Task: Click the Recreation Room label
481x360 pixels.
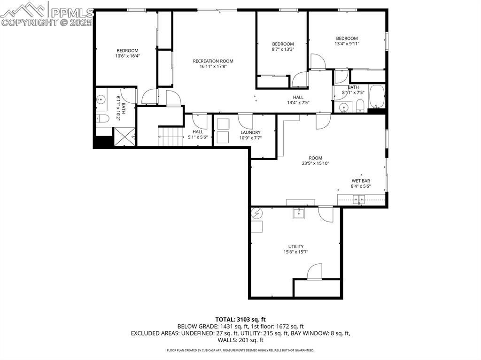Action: (x=213, y=61)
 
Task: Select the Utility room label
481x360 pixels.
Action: (x=296, y=246)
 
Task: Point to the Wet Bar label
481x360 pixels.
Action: (x=361, y=181)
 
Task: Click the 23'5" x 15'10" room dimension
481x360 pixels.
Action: (x=316, y=164)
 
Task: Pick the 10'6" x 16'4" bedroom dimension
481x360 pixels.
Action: (x=128, y=56)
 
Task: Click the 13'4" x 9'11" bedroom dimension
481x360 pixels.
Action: (x=347, y=44)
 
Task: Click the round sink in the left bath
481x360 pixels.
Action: (x=101, y=100)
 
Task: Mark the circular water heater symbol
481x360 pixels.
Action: (x=257, y=214)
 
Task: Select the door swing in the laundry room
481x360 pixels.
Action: (x=245, y=121)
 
